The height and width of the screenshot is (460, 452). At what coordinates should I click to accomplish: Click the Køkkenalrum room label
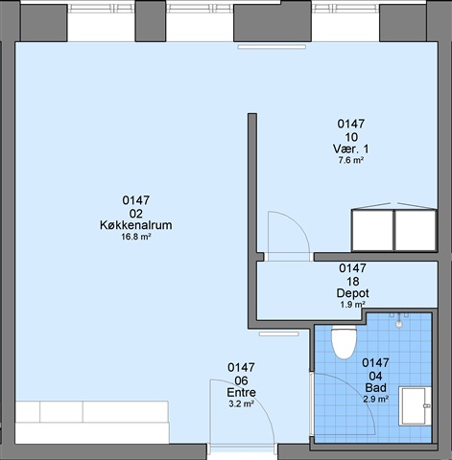(136, 225)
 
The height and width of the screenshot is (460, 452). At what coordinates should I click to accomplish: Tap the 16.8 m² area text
(136, 237)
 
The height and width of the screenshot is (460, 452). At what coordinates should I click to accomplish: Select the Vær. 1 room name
(351, 149)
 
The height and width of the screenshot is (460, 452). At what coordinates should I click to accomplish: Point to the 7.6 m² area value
(351, 160)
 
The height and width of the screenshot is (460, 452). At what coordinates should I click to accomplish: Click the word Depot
(352, 293)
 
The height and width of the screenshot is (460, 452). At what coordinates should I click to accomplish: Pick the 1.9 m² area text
(352, 305)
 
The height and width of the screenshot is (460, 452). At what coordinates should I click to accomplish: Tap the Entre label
(241, 392)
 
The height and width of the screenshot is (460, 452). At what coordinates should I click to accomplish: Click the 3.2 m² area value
(241, 404)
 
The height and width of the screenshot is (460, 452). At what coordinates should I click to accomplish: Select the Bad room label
(376, 388)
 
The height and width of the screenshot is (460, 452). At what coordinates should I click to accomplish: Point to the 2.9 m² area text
(376, 399)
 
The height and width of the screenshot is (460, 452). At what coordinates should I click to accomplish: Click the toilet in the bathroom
(344, 341)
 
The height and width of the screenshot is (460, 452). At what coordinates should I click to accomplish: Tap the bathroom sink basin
(415, 406)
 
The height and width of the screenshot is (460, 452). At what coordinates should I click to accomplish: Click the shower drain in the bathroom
(398, 324)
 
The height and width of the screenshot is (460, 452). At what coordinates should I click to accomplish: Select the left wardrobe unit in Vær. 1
(372, 230)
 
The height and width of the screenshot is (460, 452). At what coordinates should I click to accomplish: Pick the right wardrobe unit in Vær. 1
(416, 230)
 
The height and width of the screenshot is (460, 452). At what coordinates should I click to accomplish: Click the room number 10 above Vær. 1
(351, 137)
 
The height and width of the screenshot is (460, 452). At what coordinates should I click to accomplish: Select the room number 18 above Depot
(352, 282)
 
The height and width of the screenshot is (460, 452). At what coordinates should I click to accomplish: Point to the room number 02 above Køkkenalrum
(136, 214)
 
